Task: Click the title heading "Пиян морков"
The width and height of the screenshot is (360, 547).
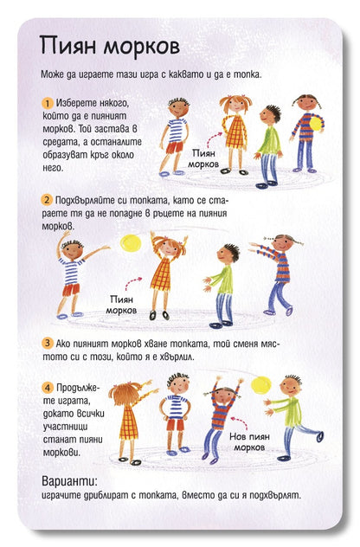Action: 110,46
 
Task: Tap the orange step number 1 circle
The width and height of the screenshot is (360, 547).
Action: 47,103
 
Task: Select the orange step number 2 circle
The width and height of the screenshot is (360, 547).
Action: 47,200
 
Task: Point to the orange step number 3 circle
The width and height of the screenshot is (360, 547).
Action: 47,343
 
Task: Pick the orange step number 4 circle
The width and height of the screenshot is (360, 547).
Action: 48,388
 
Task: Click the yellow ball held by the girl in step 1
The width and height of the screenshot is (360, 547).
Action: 315,124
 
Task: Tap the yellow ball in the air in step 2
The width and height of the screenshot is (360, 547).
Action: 131,243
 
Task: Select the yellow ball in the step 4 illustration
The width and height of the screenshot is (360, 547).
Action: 261,385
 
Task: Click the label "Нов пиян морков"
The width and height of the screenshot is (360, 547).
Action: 249,441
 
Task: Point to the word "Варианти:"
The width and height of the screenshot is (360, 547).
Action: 70,481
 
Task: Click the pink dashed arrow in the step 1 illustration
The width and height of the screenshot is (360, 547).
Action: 214,139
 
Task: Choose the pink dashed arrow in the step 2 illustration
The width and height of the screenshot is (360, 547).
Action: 133,283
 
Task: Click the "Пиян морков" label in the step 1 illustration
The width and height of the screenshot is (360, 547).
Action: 203,158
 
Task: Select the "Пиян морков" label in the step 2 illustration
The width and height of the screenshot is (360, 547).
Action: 121,305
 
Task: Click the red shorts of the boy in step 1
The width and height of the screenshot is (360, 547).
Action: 175,147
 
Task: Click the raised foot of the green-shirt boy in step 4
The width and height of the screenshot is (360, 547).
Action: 319,436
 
